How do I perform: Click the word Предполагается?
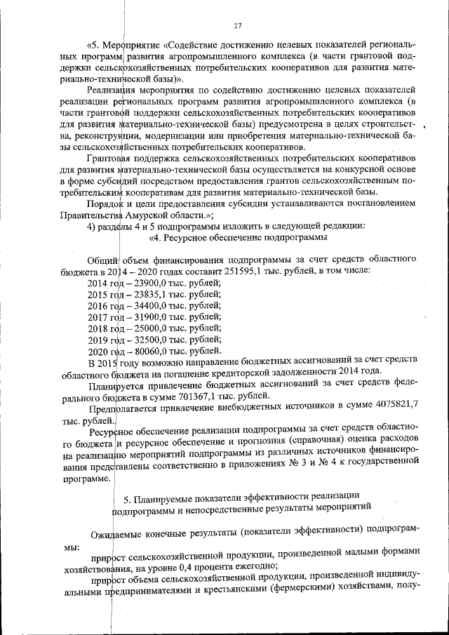(x=123, y=408)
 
